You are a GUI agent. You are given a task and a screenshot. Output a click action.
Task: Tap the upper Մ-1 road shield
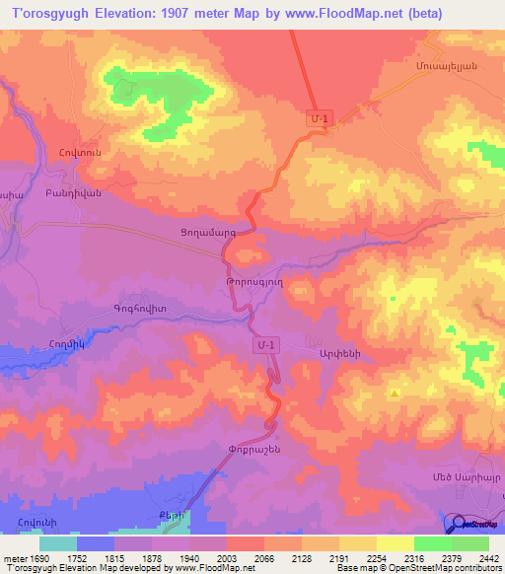click(x=319, y=118)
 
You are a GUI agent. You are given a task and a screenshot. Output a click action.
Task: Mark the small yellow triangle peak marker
click(x=395, y=394)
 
